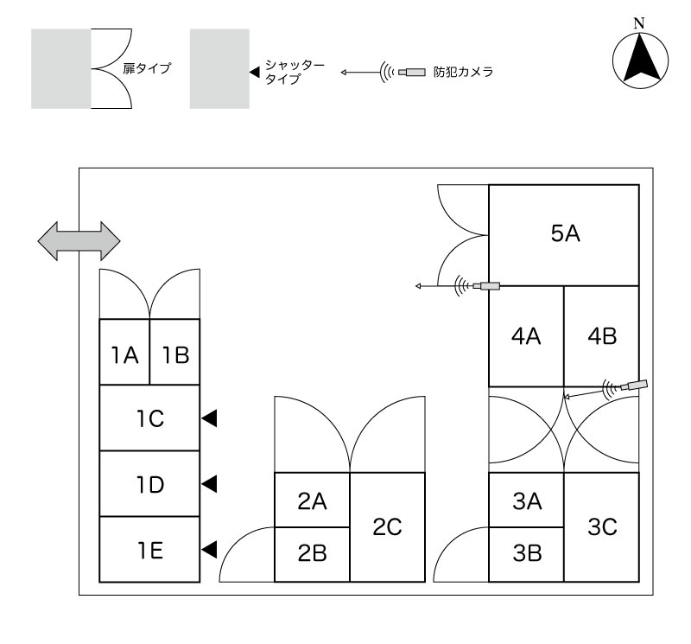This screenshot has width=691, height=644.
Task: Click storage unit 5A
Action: tap(564, 234)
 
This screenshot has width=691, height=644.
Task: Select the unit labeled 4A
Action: tap(526, 335)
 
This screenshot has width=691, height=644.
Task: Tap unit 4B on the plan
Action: tap(601, 335)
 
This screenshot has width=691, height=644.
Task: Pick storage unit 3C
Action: tap(601, 526)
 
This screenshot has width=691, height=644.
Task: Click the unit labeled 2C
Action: tap(388, 526)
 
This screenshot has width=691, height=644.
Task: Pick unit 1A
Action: tap(124, 353)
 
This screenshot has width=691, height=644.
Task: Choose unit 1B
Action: tap(174, 353)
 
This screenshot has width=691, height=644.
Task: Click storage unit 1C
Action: tap(149, 418)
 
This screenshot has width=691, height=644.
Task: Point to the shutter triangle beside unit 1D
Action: tap(208, 484)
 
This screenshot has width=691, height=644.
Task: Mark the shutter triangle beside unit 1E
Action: tap(208, 549)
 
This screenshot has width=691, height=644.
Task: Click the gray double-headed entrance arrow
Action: tap(79, 239)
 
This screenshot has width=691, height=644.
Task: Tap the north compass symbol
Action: tap(639, 60)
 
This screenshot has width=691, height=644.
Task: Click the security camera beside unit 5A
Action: tap(490, 285)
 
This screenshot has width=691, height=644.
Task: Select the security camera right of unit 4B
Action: tap(636, 385)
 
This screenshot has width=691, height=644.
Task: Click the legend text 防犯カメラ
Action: tap(463, 73)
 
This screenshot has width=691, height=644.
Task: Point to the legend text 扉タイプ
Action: tap(145, 68)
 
